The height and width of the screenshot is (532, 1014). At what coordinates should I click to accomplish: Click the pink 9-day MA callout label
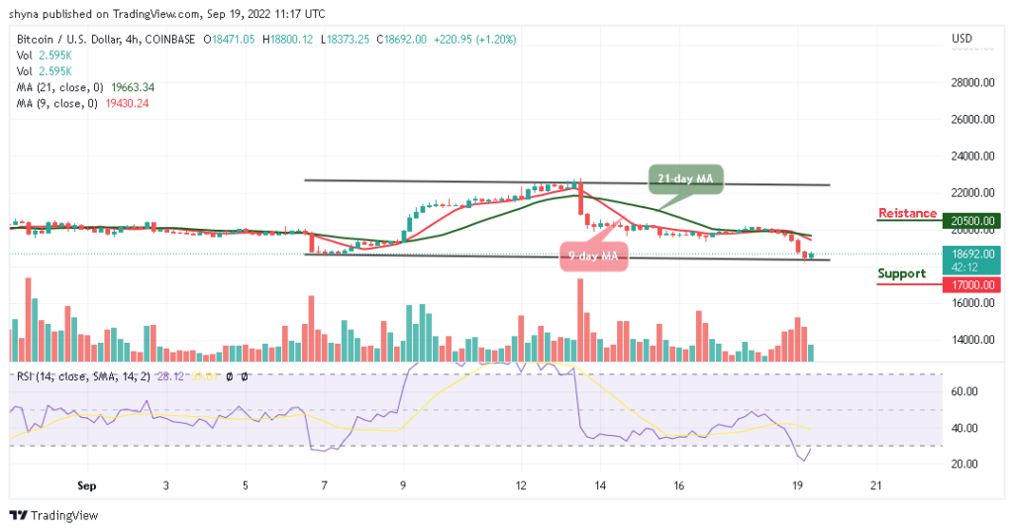coord(591,257)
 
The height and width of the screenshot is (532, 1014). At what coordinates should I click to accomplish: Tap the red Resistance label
coord(907,213)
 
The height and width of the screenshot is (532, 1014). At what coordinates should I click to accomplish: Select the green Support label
coord(901,273)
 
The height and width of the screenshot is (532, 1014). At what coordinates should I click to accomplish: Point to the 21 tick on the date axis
coord(874,485)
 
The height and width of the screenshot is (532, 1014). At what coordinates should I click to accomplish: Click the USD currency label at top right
coord(962,39)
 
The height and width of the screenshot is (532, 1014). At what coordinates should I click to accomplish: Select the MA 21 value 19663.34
coord(127,87)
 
